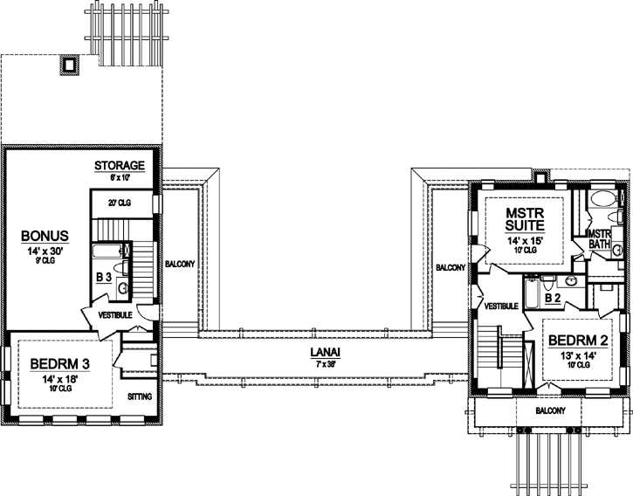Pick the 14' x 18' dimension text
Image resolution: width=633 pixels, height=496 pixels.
pos(58,354)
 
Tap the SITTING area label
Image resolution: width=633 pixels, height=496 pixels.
pos(140,372)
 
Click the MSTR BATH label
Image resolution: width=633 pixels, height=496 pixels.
pos(598,238)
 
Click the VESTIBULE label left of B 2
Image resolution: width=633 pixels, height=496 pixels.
pos(501,306)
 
